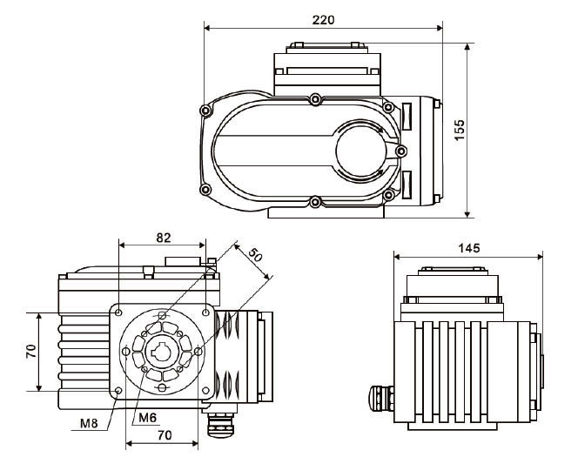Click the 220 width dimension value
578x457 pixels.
point(323,19)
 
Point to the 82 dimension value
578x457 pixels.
point(162,236)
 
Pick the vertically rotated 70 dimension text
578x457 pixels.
point(30,351)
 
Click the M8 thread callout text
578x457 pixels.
point(89,424)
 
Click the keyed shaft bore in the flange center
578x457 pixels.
point(162,352)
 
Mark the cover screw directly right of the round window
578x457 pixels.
point(400,151)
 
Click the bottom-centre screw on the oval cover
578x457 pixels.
point(313,204)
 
